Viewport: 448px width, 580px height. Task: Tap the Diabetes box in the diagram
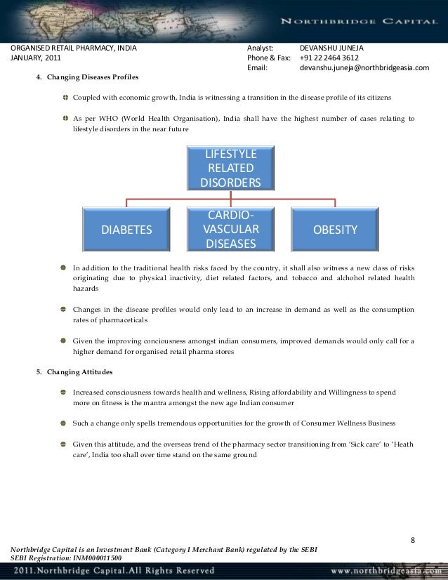point(126,230)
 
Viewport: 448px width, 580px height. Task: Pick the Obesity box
point(336,230)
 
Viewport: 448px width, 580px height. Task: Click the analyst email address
point(364,68)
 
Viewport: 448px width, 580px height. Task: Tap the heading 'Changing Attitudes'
point(80,370)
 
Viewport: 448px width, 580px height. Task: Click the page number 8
point(413,540)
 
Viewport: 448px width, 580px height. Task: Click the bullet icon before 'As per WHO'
point(65,118)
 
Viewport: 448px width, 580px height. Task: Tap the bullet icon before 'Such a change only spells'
point(65,423)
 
